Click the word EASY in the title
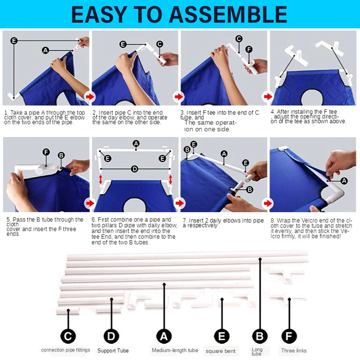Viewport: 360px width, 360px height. pos(99,14)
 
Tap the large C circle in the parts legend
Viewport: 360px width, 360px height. pos(68,336)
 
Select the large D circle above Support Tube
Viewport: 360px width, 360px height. pos(111,336)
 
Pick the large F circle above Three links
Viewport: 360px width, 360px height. pos(289,336)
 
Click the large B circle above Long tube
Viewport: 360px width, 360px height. pos(260,336)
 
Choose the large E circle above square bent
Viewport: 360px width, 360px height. pos(222,336)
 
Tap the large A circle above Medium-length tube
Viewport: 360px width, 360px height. pos(164,336)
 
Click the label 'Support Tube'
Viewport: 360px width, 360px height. pos(113,351)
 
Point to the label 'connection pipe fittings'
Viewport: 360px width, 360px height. pos(66,350)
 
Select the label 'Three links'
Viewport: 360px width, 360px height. pos(294,351)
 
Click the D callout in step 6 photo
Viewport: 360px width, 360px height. pos(135,169)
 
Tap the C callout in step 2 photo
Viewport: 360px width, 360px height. pos(160,44)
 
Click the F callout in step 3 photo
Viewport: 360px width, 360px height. pos(249,49)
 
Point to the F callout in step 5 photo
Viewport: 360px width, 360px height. pos(46,152)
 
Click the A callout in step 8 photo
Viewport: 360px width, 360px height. pos(344,181)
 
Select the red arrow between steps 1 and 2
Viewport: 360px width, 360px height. pos(90,97)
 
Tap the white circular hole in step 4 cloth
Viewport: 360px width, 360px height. pos(312,98)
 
